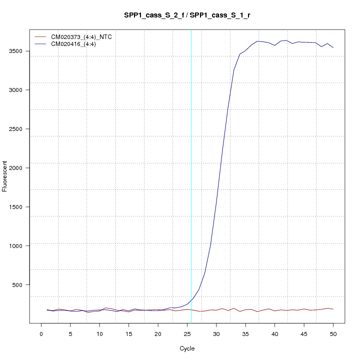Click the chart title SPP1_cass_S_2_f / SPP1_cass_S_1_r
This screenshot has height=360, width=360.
click(x=187, y=15)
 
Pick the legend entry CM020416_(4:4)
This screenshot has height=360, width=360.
click(x=73, y=44)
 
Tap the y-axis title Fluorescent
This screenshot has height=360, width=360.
click(x=5, y=176)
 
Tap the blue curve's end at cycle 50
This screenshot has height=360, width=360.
click(x=333, y=47)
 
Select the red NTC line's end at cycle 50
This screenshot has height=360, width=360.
click(x=333, y=309)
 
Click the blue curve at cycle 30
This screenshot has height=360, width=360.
click(x=216, y=205)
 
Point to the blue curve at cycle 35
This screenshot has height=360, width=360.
click(x=245, y=50)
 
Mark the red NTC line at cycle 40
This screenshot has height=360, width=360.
click(x=274, y=311)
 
